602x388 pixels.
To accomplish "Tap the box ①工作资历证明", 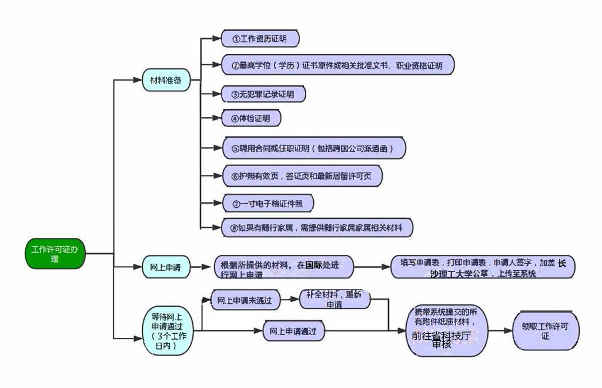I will point(260,39).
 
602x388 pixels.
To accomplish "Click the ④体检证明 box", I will point(251,118).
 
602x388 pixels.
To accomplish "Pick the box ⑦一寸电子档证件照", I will point(267,203).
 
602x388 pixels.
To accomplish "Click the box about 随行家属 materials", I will point(317,227).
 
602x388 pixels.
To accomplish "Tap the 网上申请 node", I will point(161,267).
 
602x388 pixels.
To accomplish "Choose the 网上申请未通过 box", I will point(245,300).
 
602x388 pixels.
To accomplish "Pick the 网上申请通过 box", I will point(293,331).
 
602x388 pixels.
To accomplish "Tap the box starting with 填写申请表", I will point(483,267).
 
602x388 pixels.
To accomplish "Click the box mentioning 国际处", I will point(284,267).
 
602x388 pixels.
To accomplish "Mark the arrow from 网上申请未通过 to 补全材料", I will point(290,299).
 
